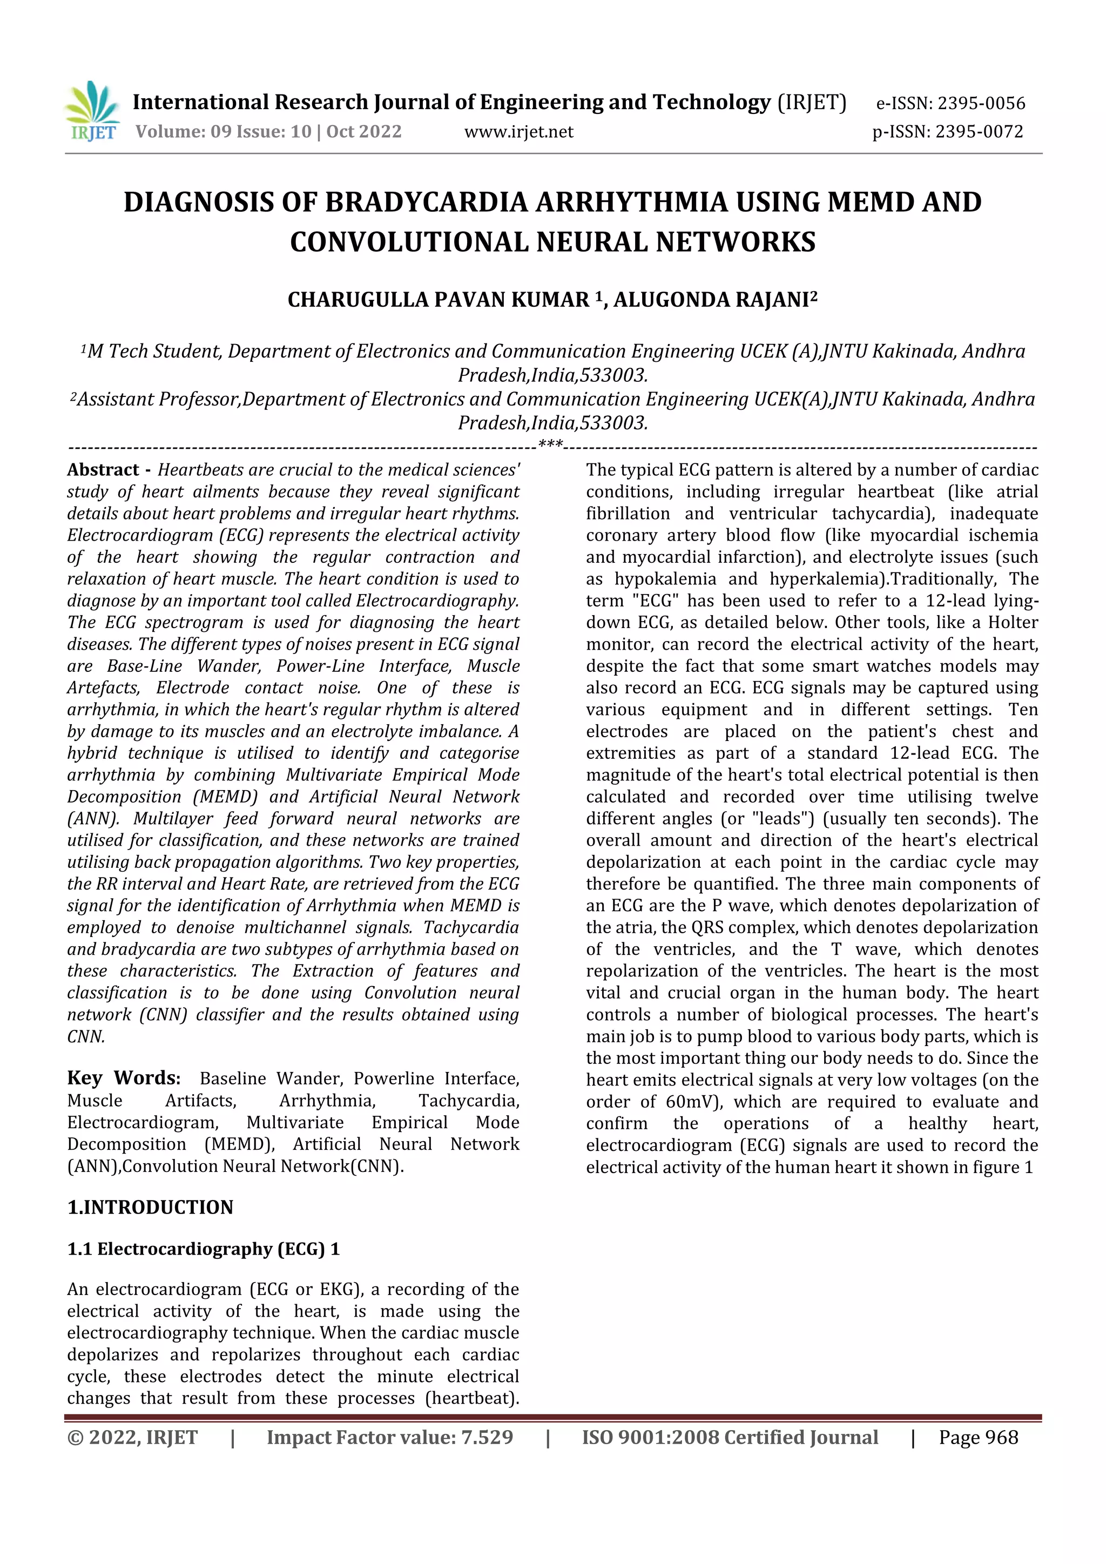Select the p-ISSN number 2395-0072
979,131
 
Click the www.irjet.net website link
519,131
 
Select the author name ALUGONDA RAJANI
714,300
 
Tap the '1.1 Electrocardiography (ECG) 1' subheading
203,1249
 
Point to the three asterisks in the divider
550,446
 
